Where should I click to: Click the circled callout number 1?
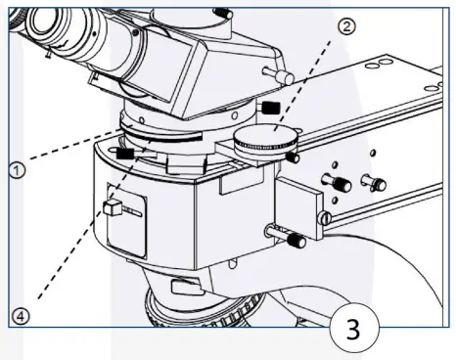tap(16, 169)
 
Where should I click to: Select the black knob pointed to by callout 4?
tap(124, 153)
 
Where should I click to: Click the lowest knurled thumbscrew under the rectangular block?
tap(294, 239)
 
